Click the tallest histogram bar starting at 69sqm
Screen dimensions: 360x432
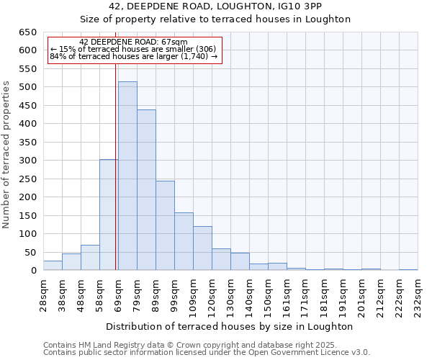127,176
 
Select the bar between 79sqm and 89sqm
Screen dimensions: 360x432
146,190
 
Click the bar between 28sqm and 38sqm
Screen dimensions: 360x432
53,266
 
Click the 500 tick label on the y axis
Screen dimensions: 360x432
27,87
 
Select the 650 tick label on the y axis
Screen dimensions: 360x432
27,32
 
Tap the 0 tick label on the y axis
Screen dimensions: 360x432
33,271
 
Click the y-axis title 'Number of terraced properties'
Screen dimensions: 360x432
6,155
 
